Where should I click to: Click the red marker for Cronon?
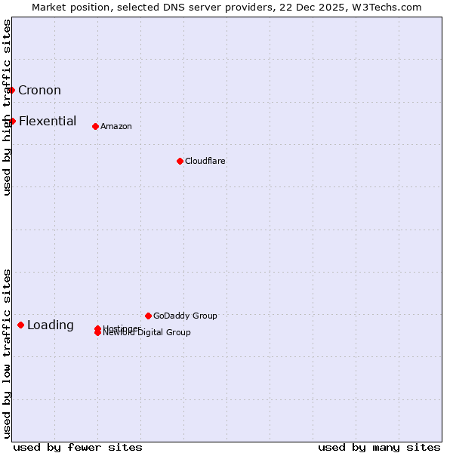point(11,91)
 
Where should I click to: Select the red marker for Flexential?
point(12,121)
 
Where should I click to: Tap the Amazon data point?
point(95,126)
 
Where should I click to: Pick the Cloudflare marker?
point(180,161)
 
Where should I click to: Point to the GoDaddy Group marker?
point(148,316)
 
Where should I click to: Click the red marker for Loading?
point(20,325)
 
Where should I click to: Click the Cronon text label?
point(39,91)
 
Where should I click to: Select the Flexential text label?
point(48,121)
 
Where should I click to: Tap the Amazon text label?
point(116,126)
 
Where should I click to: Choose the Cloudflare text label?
point(205,161)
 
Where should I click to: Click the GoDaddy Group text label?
point(185,316)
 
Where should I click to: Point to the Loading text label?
point(51,325)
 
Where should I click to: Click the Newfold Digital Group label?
point(147,333)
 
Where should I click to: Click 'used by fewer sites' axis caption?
point(78,447)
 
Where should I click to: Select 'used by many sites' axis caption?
point(379,447)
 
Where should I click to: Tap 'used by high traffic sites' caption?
point(7,108)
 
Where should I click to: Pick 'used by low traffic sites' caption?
point(7,353)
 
